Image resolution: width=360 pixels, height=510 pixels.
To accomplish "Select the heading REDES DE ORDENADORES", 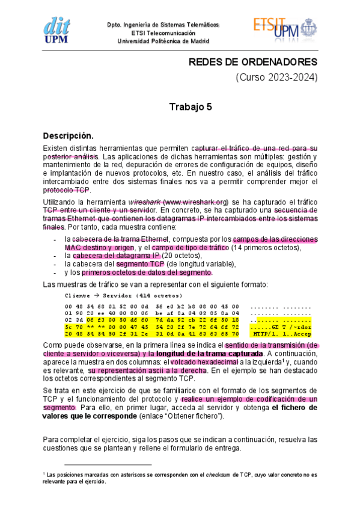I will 253,63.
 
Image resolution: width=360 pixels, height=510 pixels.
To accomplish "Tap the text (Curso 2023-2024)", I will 276,78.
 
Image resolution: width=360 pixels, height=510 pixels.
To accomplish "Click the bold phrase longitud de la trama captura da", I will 203,354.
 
